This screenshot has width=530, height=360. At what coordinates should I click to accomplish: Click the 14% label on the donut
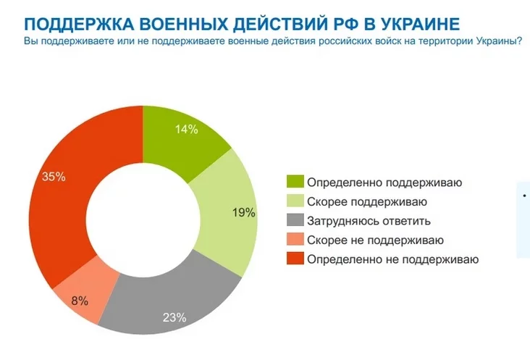(x=187, y=129)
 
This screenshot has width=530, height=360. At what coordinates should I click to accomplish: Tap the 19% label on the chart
(x=244, y=213)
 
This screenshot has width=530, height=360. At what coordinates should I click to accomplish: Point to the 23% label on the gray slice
(x=174, y=317)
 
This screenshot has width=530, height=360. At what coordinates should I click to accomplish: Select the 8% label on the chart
(x=80, y=301)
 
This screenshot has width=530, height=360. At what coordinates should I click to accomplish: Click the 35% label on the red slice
(x=54, y=177)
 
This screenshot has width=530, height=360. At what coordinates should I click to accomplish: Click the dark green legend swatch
(x=295, y=182)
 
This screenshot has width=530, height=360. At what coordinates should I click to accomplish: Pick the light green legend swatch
(x=295, y=201)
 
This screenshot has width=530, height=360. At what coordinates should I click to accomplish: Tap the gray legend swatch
(x=295, y=220)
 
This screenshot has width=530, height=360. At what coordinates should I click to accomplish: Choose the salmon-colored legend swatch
(x=295, y=239)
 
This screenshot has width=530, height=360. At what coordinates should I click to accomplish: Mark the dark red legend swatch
(x=295, y=259)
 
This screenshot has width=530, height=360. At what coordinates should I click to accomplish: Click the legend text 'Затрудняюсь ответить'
(x=369, y=221)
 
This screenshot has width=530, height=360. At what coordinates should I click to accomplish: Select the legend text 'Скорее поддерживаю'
(x=367, y=202)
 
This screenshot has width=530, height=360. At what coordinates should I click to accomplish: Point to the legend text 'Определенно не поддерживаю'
(x=392, y=259)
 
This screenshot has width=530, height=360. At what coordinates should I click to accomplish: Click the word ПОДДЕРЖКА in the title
(x=78, y=24)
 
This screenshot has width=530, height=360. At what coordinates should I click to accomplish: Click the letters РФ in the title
(x=345, y=24)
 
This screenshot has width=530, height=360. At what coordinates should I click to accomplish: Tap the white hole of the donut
(x=143, y=220)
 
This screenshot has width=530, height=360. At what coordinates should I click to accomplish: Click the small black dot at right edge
(x=524, y=196)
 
